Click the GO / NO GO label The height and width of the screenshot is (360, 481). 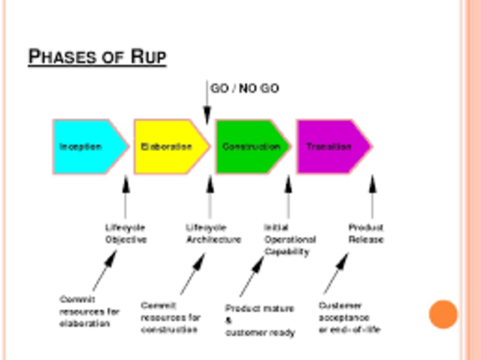244,89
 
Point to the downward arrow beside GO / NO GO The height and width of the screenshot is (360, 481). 207,101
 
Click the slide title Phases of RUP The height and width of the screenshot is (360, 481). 97,57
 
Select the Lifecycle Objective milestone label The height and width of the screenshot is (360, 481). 126,234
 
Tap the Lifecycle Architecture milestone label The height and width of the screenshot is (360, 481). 213,234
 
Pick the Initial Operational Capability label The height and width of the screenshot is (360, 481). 289,240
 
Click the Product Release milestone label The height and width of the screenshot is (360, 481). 366,234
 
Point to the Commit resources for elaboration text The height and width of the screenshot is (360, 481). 89,311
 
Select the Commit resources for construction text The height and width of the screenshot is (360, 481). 171,317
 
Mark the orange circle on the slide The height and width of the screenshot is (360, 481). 443,314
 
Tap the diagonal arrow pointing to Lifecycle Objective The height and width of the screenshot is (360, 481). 105,271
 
